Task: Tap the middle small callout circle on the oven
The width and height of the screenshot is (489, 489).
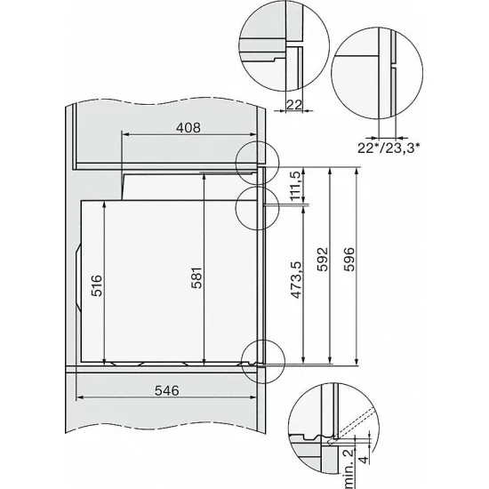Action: click(257, 205)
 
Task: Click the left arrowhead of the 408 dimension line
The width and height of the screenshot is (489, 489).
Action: click(122, 136)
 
